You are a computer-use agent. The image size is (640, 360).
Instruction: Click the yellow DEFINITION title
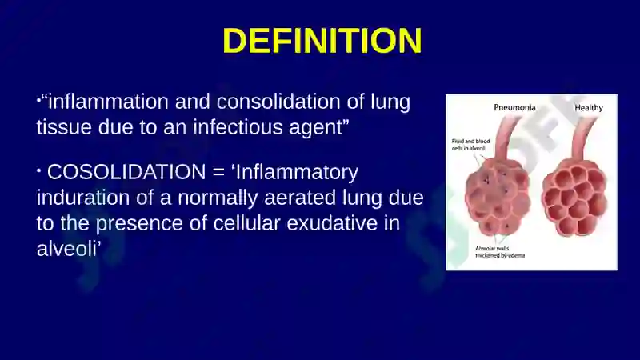click(322, 41)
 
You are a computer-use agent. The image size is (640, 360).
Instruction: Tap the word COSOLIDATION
click(126, 172)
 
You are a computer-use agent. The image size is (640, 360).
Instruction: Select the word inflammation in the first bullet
click(108, 102)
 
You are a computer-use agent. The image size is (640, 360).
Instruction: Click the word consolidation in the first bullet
click(278, 102)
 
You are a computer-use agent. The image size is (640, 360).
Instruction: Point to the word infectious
click(238, 127)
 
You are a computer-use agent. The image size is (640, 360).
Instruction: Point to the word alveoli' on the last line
click(69, 249)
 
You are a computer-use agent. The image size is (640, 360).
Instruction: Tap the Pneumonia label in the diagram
click(514, 107)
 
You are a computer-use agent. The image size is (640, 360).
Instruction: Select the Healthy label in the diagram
click(589, 108)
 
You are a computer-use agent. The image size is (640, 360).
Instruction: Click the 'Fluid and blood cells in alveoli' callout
click(470, 145)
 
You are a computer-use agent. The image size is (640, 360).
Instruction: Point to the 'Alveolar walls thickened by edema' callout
click(500, 252)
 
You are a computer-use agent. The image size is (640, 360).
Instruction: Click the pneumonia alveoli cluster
click(497, 196)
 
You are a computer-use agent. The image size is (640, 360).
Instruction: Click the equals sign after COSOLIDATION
click(218, 172)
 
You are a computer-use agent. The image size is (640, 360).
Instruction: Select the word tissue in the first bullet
click(64, 127)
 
